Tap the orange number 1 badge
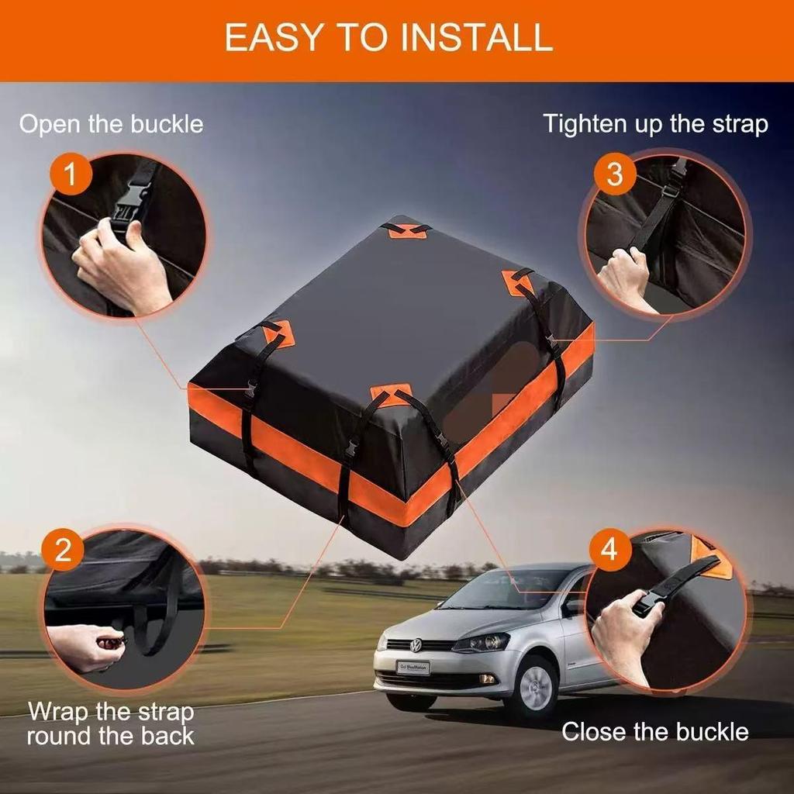(x=71, y=175)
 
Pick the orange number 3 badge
(x=614, y=174)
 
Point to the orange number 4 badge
(x=609, y=549)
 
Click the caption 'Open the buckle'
(x=111, y=124)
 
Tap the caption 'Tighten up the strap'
(x=655, y=124)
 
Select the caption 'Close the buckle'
(x=655, y=731)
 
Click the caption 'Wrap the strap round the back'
(x=111, y=723)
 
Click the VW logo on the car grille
(x=416, y=645)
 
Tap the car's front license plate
(x=413, y=668)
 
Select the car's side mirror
(x=573, y=608)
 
